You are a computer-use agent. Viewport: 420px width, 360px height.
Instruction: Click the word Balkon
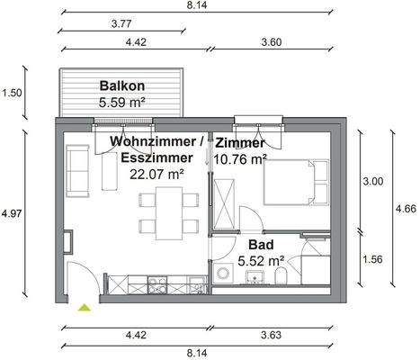click(122, 86)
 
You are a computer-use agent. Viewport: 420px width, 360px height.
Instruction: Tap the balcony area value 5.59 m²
click(122, 103)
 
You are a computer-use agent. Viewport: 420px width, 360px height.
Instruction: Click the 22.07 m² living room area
click(157, 174)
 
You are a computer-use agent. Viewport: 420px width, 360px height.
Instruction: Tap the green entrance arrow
click(85, 308)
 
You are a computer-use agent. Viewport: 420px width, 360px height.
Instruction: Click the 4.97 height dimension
click(12, 213)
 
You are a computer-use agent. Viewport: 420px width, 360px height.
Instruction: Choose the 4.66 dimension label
click(407, 209)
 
